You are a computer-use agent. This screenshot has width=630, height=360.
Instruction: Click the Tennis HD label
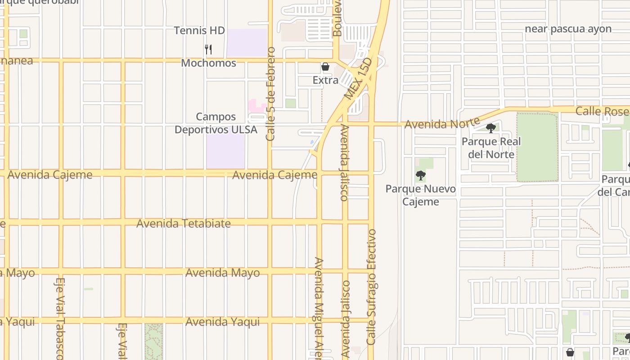[x=199, y=31]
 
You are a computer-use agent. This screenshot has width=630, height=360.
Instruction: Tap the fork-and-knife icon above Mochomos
[x=208, y=49]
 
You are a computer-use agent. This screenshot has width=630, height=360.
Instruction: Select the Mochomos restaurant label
[x=208, y=63]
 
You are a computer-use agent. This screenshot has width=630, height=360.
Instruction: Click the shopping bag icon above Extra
[x=325, y=67]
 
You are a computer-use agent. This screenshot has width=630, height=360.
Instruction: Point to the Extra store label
[x=325, y=80]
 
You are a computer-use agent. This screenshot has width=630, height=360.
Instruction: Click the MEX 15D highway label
[x=358, y=78]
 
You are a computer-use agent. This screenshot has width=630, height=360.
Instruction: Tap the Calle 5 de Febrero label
[x=270, y=94]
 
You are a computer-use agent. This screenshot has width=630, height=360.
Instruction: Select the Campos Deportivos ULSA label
[x=216, y=123]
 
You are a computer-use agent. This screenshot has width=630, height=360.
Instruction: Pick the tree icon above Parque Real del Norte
[x=491, y=128]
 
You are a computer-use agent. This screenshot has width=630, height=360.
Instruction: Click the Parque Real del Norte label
[x=491, y=148]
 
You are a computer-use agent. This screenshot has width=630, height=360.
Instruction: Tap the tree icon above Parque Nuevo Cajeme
[x=421, y=175]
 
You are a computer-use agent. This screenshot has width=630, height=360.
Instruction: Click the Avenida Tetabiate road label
[x=184, y=223]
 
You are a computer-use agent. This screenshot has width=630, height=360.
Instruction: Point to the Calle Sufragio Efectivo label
[x=371, y=287]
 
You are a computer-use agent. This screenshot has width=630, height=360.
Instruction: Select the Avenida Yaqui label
[x=222, y=322]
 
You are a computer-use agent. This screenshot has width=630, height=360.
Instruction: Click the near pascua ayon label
[x=568, y=29]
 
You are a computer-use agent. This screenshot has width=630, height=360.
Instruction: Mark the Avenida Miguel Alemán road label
[x=319, y=308]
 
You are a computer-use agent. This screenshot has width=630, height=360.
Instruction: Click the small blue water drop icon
[x=312, y=143]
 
